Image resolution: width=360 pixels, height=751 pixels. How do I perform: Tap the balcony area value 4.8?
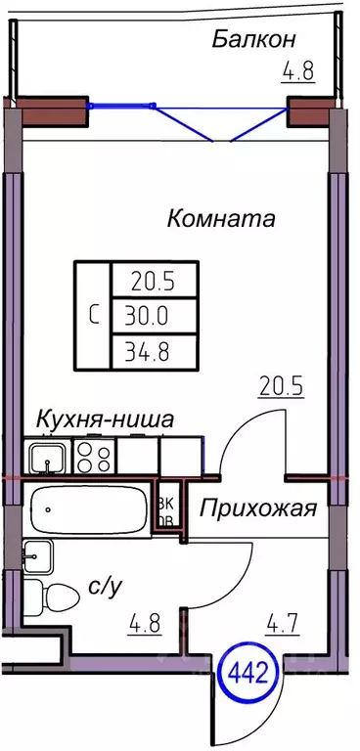pos(298,72)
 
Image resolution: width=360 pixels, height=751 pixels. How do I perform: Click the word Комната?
pos(221,218)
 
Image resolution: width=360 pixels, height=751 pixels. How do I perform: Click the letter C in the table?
pos(94,315)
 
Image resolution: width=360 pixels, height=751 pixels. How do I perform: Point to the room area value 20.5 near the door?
pos(282,385)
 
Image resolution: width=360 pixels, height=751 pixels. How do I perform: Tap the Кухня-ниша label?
pos(106,420)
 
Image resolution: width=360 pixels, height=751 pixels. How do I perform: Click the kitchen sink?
pos(45,456)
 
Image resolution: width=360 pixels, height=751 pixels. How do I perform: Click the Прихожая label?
pos(260,508)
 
